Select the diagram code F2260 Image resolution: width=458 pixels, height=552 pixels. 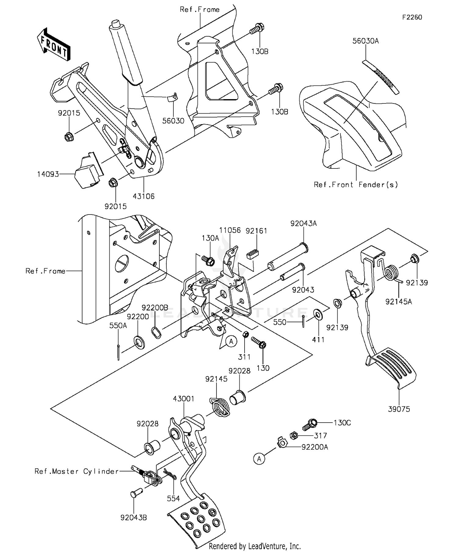[x=412, y=17]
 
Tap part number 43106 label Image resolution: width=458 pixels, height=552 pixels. [x=144, y=196]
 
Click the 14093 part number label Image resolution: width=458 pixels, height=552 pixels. [x=48, y=174]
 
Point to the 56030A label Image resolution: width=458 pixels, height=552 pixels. [x=365, y=41]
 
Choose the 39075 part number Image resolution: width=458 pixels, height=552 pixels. [x=399, y=409]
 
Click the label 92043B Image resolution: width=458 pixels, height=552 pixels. [x=134, y=518]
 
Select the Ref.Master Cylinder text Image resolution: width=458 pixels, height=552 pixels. [x=76, y=471]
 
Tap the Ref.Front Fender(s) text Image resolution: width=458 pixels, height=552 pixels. [x=356, y=185]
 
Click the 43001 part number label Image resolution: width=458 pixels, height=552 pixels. [x=184, y=399]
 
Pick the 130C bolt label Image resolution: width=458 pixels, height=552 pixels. [x=342, y=423]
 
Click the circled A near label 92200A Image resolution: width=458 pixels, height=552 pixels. [x=259, y=459]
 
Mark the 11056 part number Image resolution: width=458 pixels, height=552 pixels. [x=230, y=230]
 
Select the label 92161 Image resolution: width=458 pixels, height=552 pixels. [x=256, y=231]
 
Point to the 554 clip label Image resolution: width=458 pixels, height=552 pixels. [x=173, y=499]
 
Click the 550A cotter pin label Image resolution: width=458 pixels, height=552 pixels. [x=118, y=326]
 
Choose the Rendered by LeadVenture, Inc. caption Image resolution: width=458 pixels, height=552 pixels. [x=255, y=546]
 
